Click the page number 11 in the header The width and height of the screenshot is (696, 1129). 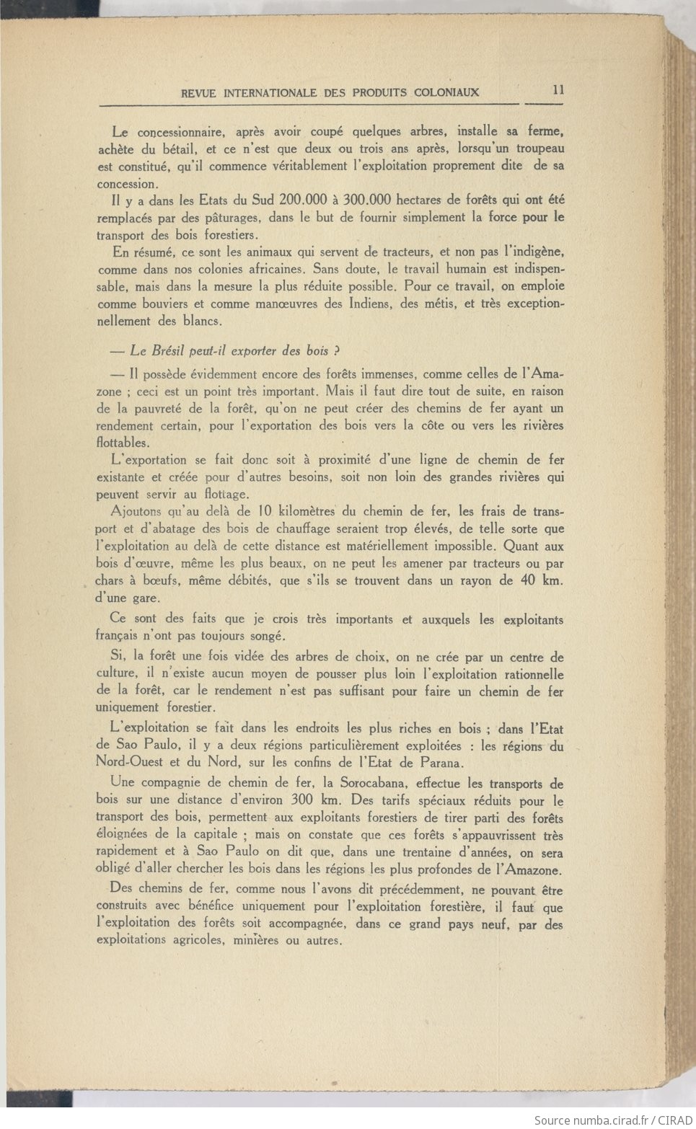558,90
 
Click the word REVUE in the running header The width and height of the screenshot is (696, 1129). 200,93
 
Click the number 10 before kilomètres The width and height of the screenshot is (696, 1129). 263,512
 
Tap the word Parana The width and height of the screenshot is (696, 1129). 441,763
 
